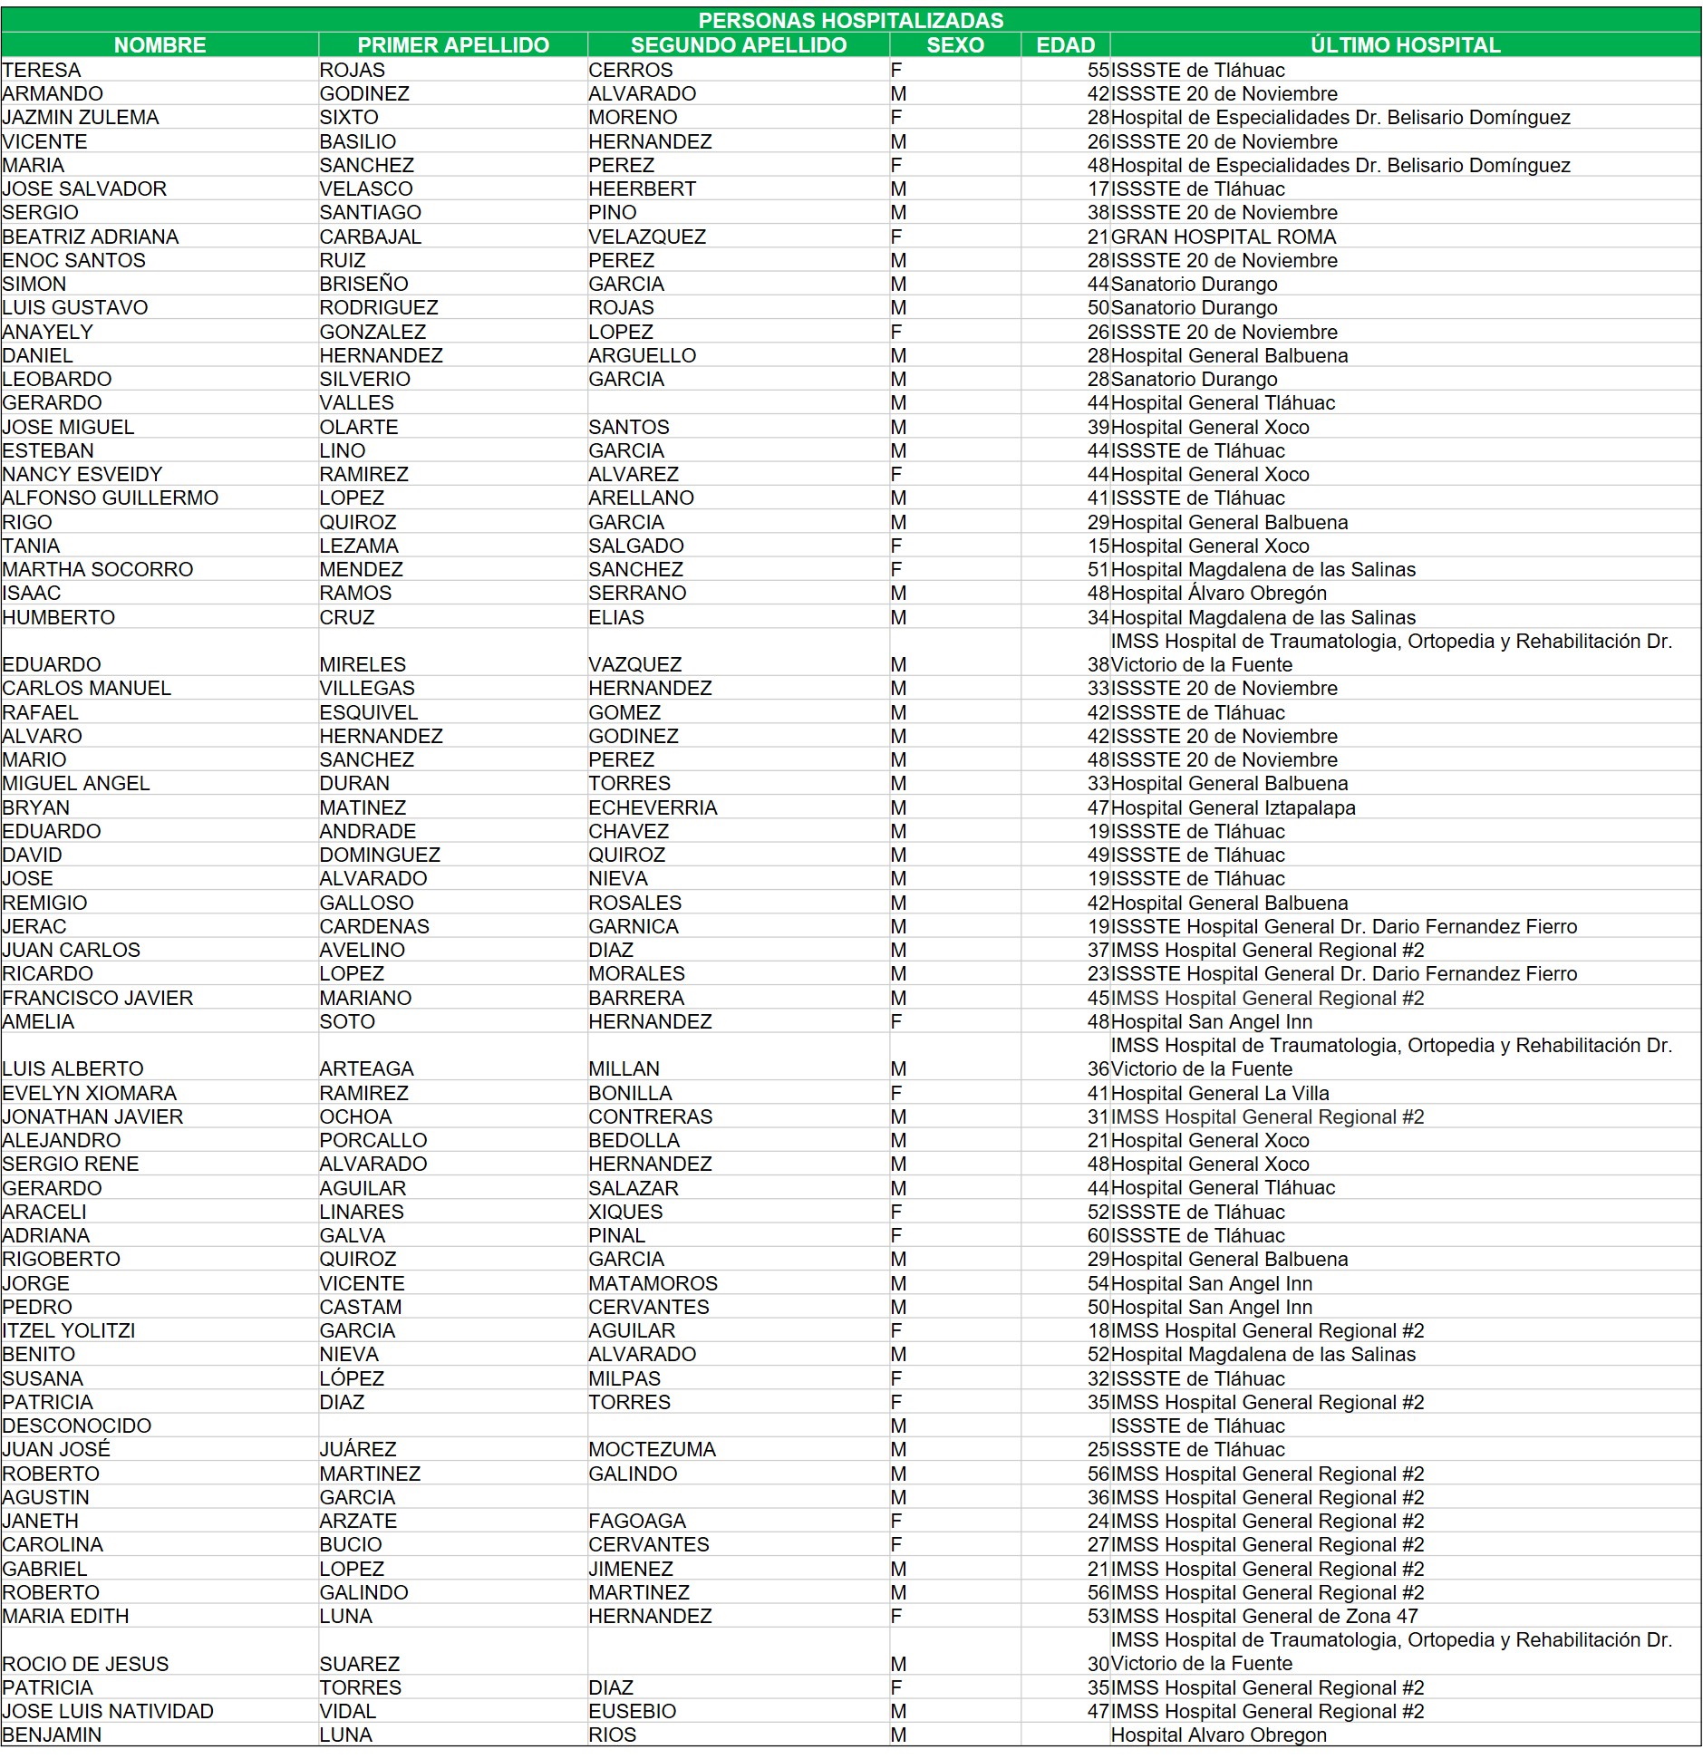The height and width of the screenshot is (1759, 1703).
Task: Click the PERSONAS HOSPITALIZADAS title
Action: (x=850, y=20)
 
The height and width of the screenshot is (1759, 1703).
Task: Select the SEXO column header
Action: (x=955, y=44)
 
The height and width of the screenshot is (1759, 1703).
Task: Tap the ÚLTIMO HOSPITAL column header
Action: (x=1405, y=44)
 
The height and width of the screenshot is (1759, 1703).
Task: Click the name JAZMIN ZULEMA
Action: (x=81, y=117)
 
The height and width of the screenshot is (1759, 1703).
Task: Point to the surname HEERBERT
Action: (x=642, y=188)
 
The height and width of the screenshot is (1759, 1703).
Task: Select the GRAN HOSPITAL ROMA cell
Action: (x=1223, y=237)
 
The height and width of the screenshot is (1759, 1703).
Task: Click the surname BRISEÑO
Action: (x=363, y=284)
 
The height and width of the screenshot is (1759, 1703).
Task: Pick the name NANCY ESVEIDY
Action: (x=82, y=474)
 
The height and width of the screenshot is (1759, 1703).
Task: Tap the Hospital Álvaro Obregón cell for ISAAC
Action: (x=1218, y=593)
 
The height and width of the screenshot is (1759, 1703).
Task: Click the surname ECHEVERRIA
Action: (x=653, y=807)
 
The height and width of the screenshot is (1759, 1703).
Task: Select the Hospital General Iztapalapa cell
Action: (x=1233, y=807)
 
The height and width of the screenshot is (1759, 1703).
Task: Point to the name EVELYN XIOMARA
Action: (x=90, y=1093)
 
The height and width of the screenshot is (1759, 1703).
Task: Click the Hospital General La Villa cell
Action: (x=1220, y=1093)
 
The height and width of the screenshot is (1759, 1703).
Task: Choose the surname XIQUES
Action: (x=625, y=1212)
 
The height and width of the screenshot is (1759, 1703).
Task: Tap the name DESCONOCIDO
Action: (x=77, y=1426)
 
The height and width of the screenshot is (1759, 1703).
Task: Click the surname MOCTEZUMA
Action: (x=652, y=1449)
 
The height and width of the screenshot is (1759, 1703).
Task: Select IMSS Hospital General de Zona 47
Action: (x=1264, y=1616)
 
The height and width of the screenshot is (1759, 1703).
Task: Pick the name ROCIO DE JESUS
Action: (x=85, y=1664)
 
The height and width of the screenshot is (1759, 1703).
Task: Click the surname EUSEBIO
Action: (x=632, y=1711)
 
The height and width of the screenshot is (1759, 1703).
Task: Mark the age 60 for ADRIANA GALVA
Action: (x=1098, y=1235)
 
